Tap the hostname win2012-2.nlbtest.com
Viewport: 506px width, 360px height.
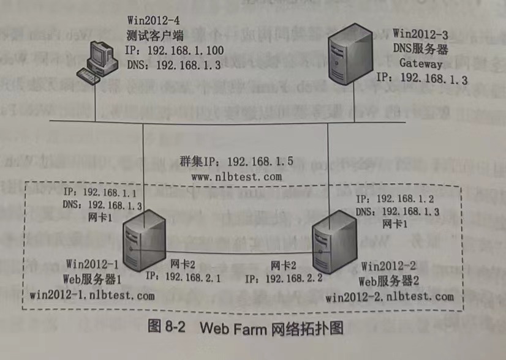point(390,298)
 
